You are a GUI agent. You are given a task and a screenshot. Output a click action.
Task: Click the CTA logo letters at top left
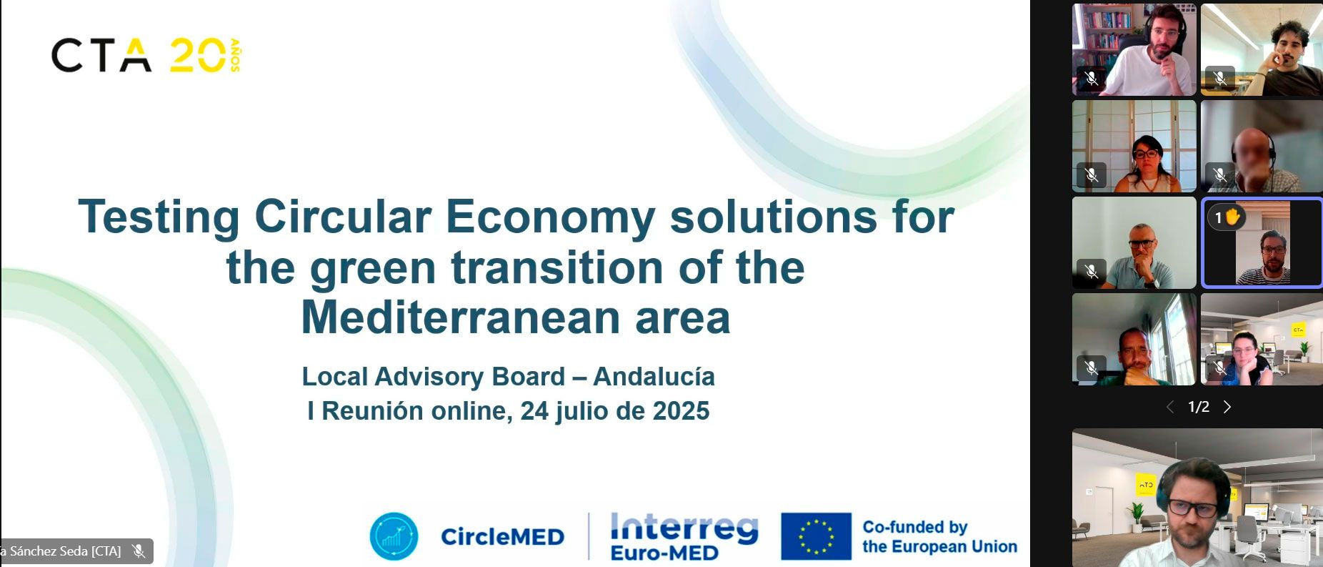(101, 56)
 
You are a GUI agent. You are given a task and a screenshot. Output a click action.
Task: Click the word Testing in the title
(159, 218)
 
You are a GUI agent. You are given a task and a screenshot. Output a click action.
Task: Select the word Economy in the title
(551, 218)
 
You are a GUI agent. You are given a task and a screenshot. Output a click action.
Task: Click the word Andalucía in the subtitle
(654, 376)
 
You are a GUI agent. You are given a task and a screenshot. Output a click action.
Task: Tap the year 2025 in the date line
(681, 411)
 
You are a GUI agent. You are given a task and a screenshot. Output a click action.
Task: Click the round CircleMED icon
(394, 536)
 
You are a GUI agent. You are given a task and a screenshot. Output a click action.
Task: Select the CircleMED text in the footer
(502, 537)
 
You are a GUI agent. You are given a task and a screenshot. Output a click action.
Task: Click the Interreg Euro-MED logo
(684, 537)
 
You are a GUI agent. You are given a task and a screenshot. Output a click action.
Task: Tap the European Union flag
(816, 536)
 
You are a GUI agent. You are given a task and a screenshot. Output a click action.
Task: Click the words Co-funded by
(914, 528)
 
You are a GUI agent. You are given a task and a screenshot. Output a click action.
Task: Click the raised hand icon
(1232, 217)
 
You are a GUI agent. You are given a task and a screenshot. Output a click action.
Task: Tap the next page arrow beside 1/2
(1227, 407)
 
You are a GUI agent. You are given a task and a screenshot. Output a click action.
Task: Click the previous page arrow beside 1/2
(1169, 407)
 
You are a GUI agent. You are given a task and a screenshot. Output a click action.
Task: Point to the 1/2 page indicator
(1198, 407)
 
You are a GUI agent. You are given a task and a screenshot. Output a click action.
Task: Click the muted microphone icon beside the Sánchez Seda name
(139, 551)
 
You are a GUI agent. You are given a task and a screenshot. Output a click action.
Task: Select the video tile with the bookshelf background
(1134, 49)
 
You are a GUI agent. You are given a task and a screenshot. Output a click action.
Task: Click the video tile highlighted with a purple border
(1262, 243)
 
